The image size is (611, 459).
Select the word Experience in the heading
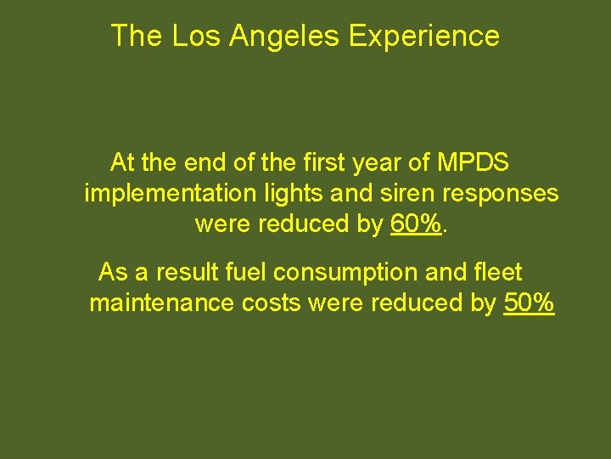pos(423,36)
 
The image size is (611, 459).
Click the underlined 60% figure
pos(417,224)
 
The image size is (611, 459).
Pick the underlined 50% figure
pos(529,303)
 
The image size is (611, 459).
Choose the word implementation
pos(170,193)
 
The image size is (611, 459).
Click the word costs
pos(271,303)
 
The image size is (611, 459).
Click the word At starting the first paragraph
pos(123,161)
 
